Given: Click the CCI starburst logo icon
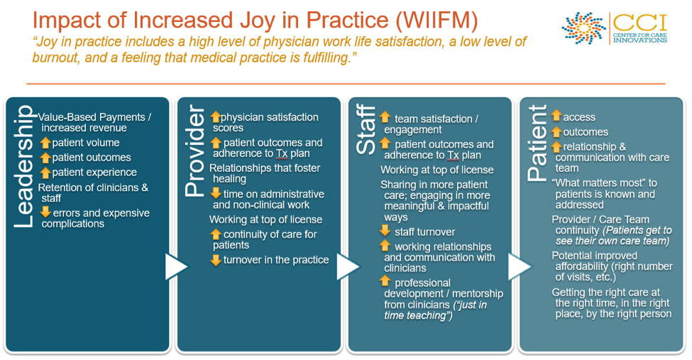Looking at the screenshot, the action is [x=583, y=28].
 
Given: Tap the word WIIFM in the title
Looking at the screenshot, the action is [x=437, y=20].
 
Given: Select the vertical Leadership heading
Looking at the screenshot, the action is [x=24, y=167].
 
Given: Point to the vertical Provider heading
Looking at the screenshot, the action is [x=195, y=151].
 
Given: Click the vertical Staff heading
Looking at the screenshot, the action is [x=366, y=129].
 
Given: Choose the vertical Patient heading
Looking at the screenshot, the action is [x=537, y=143].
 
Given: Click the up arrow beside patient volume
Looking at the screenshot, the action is [x=45, y=143].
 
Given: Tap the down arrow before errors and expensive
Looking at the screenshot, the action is [x=45, y=212].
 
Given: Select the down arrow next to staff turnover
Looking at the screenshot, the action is [x=385, y=231].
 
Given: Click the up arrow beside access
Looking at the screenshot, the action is [x=556, y=116].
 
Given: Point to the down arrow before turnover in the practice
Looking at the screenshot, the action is [x=215, y=260].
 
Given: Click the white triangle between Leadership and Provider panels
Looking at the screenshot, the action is [x=177, y=266].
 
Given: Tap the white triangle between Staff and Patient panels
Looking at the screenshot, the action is [x=520, y=266].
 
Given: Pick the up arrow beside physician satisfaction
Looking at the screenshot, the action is [x=215, y=117].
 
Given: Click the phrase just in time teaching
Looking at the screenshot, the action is [x=436, y=310].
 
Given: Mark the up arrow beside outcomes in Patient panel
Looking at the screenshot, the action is [x=556, y=131].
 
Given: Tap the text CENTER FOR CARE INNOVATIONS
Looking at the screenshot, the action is [x=640, y=38].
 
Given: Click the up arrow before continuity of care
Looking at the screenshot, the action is [x=215, y=234].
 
